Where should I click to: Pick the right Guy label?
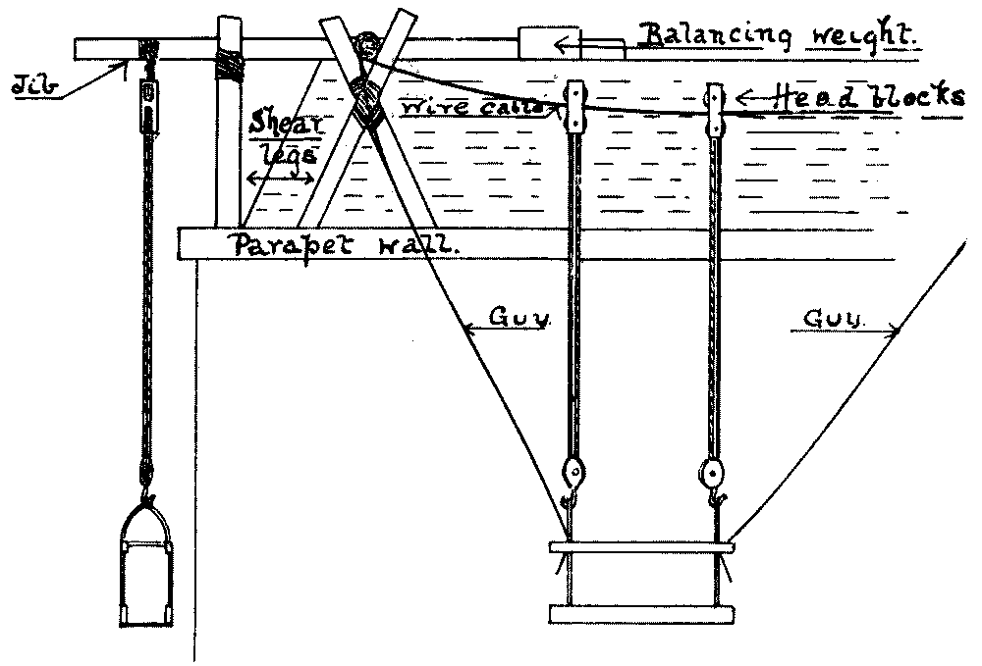click(831, 320)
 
